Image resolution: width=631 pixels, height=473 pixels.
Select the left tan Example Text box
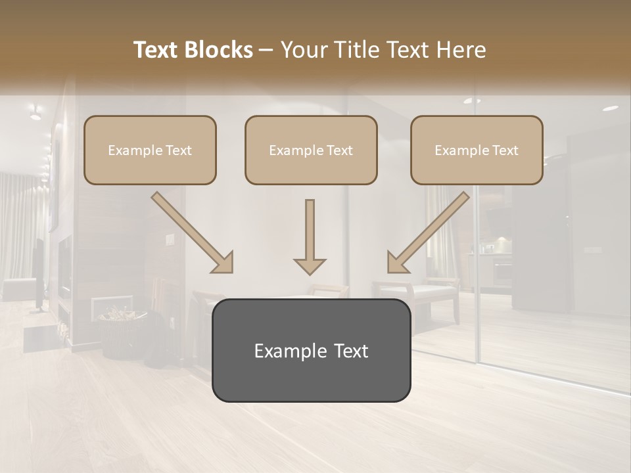(x=150, y=150)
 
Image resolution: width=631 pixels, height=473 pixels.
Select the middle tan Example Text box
(x=311, y=150)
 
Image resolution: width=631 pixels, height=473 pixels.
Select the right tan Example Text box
(x=477, y=150)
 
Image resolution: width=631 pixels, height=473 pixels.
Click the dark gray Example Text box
(x=311, y=350)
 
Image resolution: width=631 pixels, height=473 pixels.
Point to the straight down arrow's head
(x=310, y=265)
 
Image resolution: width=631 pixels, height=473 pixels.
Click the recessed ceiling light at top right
(x=610, y=108)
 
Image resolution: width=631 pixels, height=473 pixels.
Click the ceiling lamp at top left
(x=34, y=113)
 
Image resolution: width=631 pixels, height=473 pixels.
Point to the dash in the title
(x=267, y=51)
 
